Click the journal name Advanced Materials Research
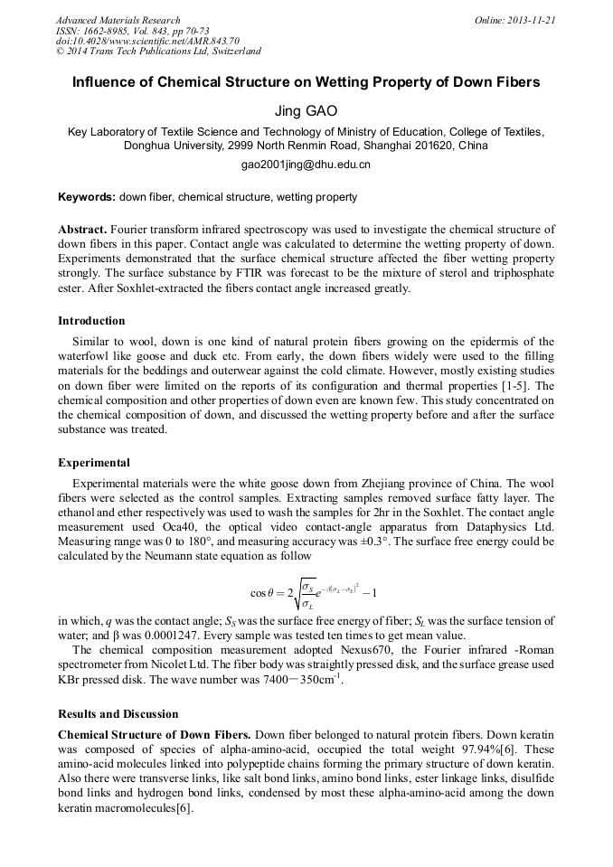pos(118,20)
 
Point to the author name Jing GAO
pos(306,111)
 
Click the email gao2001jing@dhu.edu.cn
pos(306,165)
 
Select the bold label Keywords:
pos(87,197)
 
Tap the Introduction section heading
pos(91,321)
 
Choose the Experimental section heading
pos(94,463)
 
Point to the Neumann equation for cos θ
pos(313,593)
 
